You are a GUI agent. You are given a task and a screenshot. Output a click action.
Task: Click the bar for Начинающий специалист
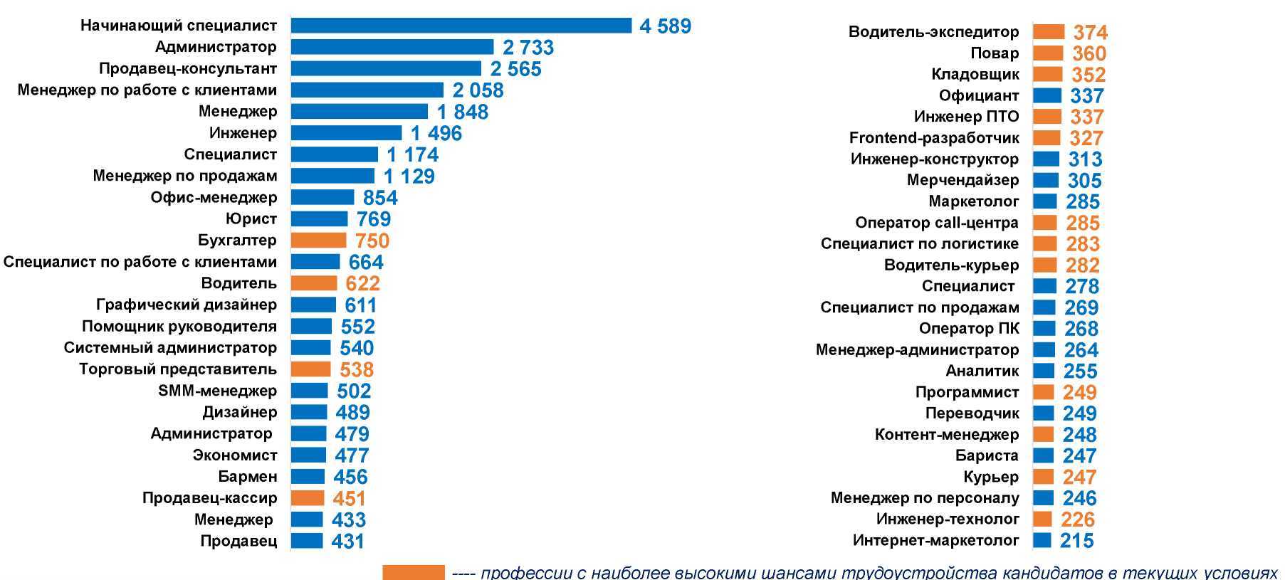(461, 26)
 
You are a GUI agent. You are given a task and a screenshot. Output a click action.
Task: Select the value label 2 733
(528, 48)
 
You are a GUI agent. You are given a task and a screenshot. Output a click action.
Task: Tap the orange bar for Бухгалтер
(318, 241)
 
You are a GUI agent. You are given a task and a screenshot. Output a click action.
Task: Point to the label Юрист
(251, 219)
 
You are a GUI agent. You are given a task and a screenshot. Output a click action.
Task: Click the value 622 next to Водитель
(362, 284)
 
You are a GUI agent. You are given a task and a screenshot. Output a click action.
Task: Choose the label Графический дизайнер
(186, 305)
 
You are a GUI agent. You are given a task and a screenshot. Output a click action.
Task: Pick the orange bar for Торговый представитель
(310, 369)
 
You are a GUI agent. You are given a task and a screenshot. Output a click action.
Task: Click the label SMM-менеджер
(217, 391)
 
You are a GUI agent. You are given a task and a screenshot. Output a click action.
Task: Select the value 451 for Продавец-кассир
(349, 499)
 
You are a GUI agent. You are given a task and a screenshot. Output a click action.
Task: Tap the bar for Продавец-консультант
(386, 69)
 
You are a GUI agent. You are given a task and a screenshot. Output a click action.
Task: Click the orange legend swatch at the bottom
(414, 573)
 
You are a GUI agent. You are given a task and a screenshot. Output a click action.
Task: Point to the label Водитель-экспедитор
(933, 32)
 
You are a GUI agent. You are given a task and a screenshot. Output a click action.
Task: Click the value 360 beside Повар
(1089, 53)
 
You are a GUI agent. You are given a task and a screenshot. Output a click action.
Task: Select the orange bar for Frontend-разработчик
(1047, 138)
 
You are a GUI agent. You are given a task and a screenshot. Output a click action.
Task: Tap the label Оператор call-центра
(936, 223)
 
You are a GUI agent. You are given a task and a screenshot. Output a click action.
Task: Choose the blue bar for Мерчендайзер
(1046, 181)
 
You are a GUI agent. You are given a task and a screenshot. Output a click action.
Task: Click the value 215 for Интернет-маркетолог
(1076, 541)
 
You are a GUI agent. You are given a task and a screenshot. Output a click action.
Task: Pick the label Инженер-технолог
(948, 520)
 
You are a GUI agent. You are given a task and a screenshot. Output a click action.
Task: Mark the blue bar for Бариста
(1043, 456)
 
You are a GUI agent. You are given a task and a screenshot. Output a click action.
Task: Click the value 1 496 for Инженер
(436, 133)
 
